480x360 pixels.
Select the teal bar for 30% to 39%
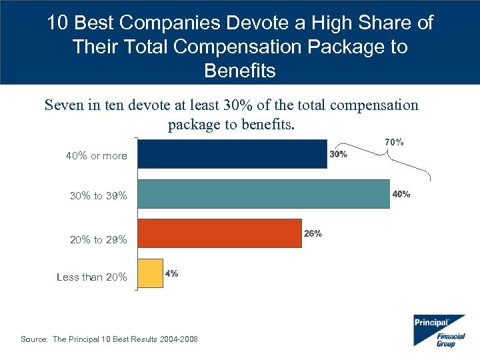point(263,194)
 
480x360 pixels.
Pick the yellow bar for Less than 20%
point(150,273)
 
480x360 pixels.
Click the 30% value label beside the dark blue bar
point(338,154)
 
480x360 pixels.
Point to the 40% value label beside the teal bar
point(401,195)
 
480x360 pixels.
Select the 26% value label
point(313,234)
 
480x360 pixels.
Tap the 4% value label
point(171,273)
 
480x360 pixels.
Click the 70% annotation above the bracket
point(393,142)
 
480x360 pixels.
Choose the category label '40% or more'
point(96,156)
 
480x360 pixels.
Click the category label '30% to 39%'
point(98,196)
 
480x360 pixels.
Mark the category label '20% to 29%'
point(98,239)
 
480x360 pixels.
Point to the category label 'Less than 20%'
point(92,277)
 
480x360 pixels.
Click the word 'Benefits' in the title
point(240,71)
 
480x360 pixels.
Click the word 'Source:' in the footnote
point(34,339)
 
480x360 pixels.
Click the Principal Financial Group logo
point(439,329)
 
